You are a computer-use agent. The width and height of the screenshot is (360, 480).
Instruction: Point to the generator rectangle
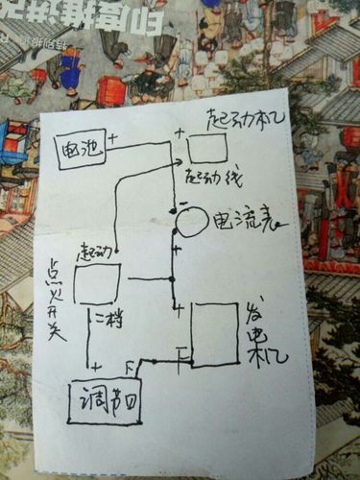215,334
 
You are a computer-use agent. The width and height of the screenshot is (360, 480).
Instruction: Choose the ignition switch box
96,284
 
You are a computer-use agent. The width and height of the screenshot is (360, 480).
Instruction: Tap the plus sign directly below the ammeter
177,249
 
